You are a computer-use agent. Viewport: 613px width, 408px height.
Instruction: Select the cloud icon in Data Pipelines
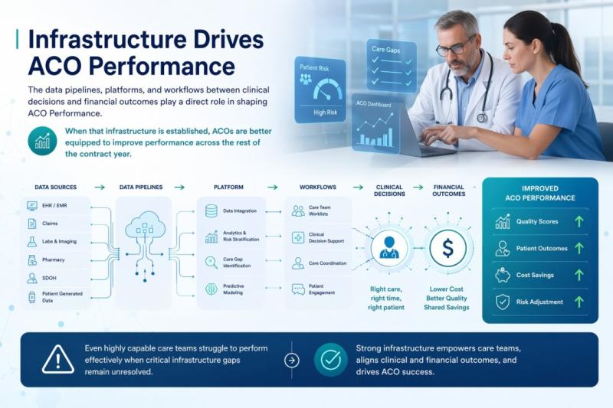coord(145,224)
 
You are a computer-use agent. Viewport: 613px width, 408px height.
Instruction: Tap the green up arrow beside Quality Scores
coord(578,222)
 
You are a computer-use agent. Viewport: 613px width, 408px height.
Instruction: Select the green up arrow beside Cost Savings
coord(578,275)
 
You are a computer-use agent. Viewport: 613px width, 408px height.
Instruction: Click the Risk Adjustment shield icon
coord(503,302)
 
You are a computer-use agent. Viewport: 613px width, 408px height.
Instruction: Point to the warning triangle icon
coord(58,359)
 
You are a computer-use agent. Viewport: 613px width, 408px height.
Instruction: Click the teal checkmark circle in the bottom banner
coord(330,359)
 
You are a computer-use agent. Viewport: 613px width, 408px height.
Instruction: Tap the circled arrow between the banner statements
coord(291,360)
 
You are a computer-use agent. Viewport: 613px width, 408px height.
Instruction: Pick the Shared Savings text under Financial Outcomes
coord(447,308)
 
